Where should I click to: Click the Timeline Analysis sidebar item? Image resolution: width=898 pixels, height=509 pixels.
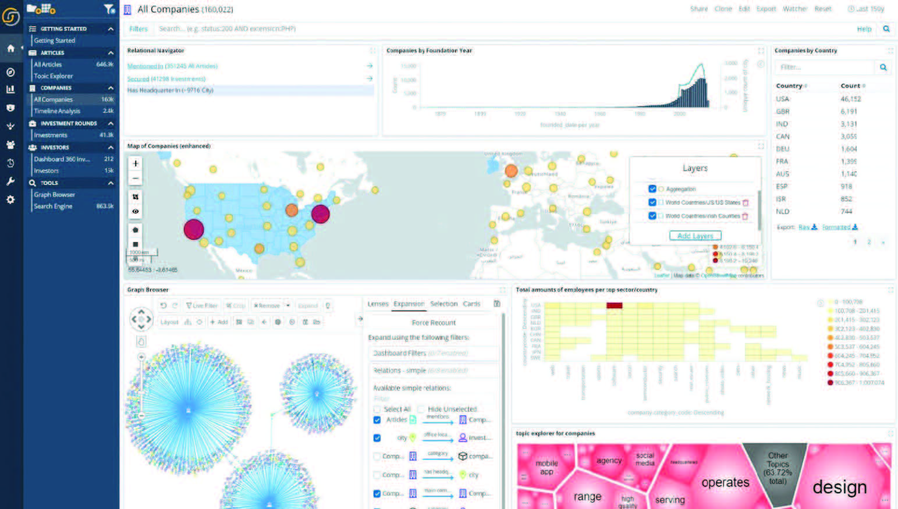click(x=57, y=111)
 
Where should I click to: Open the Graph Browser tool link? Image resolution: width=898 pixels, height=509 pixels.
click(x=54, y=195)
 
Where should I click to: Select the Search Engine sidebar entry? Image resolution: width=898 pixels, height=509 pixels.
click(x=53, y=207)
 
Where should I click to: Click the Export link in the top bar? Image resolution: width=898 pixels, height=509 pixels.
click(x=766, y=9)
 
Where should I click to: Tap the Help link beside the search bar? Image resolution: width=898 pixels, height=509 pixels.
click(x=864, y=29)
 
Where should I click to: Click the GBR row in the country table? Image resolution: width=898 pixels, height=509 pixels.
click(x=783, y=112)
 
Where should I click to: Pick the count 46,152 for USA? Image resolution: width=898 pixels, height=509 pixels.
click(x=850, y=99)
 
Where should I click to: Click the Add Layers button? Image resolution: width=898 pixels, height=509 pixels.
click(x=695, y=236)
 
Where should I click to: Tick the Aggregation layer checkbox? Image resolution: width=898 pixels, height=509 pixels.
click(x=652, y=189)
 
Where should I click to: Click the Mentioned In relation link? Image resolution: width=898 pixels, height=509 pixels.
click(x=145, y=66)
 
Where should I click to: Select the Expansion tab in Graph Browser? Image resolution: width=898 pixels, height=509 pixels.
click(x=409, y=304)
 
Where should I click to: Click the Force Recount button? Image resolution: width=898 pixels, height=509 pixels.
click(x=434, y=323)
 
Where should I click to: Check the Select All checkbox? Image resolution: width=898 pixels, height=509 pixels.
click(x=377, y=409)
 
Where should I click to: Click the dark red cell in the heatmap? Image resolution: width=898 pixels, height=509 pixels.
click(x=614, y=305)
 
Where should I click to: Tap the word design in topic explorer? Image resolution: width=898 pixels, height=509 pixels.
click(x=839, y=487)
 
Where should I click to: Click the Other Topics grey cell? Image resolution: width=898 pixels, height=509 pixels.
click(x=778, y=468)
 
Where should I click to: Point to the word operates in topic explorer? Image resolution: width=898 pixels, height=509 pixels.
click(x=725, y=483)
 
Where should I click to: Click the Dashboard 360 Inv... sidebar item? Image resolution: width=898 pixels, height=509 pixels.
click(x=61, y=159)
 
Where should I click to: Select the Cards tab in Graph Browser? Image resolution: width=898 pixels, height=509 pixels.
click(x=471, y=304)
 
